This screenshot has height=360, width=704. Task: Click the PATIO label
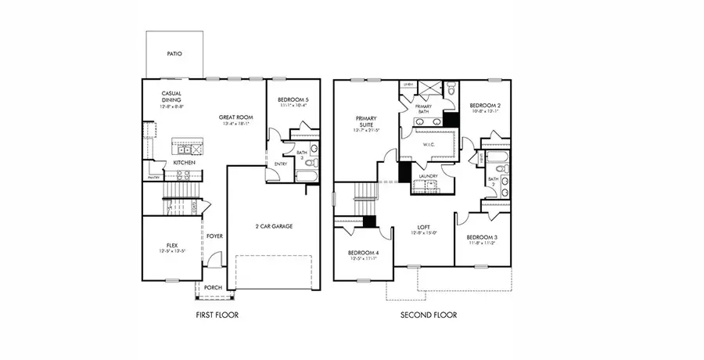[174, 54]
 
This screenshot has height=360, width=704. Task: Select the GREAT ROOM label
[233, 117]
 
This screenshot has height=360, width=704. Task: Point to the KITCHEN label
[185, 162]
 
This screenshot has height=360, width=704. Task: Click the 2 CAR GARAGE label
[274, 225]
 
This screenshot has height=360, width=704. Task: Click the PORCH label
[212, 287]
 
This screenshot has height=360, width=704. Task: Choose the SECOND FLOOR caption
[428, 315]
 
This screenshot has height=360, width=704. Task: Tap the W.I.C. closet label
[428, 143]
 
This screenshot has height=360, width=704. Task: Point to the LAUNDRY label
[427, 176]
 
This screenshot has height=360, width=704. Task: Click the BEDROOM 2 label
[485, 106]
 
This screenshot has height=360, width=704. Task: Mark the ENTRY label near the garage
[281, 164]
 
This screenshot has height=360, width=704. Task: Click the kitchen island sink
[186, 149]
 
